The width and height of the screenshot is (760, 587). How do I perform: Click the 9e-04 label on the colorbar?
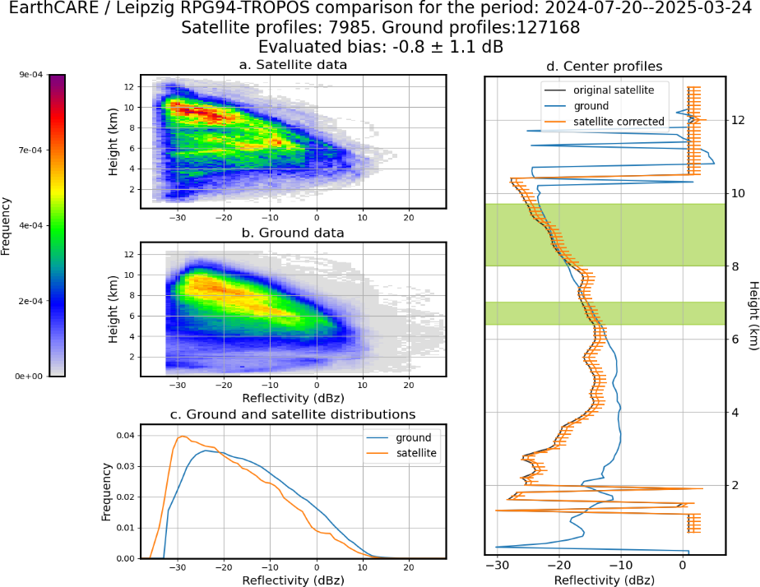point(31,75)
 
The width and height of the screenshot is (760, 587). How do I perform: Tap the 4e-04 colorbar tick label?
point(31,226)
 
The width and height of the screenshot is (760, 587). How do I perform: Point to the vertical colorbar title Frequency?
point(5,226)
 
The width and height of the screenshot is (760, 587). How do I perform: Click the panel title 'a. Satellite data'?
point(294,65)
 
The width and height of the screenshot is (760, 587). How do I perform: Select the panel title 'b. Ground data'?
point(294,233)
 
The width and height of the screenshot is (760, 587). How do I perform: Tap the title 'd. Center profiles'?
point(605,67)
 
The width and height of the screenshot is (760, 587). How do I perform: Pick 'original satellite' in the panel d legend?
point(614,90)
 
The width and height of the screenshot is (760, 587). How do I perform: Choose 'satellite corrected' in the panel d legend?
point(619,122)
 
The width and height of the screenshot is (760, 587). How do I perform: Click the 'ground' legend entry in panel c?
point(414,438)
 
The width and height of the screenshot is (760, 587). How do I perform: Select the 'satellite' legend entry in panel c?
point(416,453)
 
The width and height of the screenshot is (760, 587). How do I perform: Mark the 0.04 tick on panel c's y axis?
point(126,436)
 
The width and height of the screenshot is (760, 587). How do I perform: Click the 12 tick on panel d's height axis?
point(738,120)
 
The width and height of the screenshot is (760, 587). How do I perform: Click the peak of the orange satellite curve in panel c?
point(182,436)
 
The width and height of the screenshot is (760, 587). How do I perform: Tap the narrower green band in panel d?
point(605,313)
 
